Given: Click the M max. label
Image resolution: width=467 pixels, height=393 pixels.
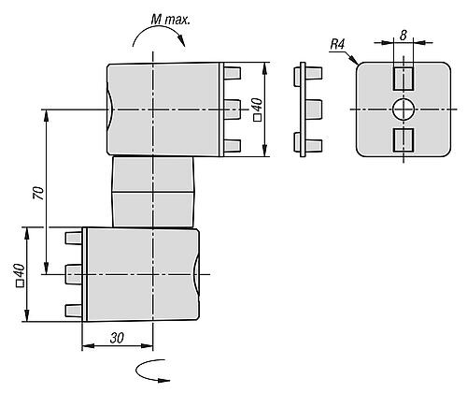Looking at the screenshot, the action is [170, 20].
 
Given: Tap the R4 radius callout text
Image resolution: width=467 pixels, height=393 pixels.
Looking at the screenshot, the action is [337, 45].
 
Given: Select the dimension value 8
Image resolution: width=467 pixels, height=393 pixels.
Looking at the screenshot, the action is [403, 36].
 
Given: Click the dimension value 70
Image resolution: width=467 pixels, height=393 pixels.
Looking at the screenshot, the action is [38, 193].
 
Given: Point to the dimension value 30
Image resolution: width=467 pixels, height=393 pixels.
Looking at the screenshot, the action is [117, 338].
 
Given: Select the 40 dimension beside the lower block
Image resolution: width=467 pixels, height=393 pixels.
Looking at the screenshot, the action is [20, 274].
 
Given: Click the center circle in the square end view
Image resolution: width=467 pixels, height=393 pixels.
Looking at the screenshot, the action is [403, 109].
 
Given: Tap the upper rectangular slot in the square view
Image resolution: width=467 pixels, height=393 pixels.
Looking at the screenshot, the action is [403, 78].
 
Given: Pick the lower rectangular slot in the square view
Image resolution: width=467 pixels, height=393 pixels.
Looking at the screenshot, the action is [403, 140].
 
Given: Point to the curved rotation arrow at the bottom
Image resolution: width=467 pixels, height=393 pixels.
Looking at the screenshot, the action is [151, 372].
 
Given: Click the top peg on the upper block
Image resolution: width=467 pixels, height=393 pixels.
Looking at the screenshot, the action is [233, 73].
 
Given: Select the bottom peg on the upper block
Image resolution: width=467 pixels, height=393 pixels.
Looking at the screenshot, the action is [233, 146].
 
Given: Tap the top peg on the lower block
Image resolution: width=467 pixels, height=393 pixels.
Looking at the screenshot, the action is [74, 238].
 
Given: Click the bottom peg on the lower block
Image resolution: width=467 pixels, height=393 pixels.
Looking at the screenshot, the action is [74, 311].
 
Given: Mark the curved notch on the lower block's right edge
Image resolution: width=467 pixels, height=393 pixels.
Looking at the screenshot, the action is [196, 274].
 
